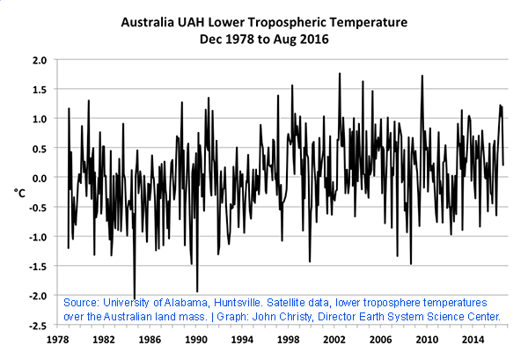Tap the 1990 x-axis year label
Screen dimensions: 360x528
pos(195,338)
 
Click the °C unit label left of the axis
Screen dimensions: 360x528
pos(19,190)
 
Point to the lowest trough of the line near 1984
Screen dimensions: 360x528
pos(135,298)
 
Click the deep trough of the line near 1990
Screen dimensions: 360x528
pos(197,291)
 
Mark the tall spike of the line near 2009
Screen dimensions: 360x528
pos(422,76)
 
